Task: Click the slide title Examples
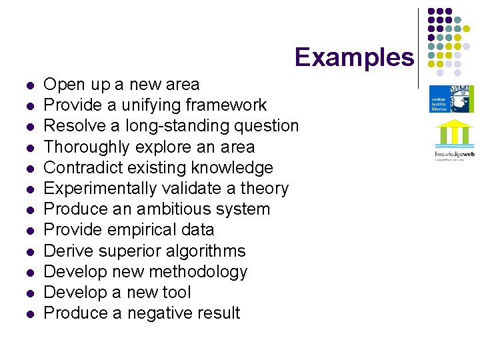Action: [354, 57]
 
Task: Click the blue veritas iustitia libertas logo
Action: [451, 99]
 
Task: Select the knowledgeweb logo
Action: [454, 141]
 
